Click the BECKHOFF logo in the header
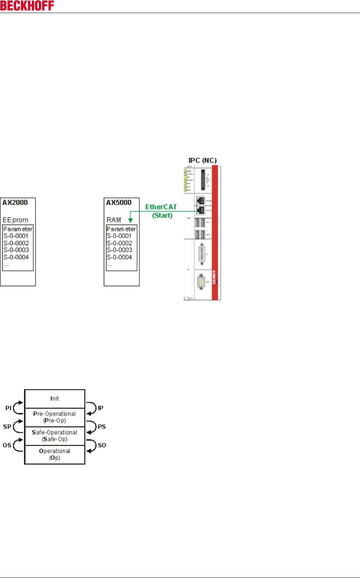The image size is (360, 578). click(x=27, y=6)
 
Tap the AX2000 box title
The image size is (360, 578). click(x=15, y=203)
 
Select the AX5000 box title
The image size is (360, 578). click(x=119, y=203)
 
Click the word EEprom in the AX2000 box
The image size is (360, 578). click(x=16, y=220)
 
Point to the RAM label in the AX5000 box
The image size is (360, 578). click(x=114, y=220)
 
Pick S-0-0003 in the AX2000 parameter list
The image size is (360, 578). click(x=16, y=250)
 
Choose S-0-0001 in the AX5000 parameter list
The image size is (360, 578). click(x=119, y=236)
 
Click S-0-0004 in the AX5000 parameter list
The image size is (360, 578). click(x=119, y=257)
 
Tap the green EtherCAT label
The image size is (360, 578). click(x=161, y=207)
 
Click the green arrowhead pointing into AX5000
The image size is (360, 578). click(x=130, y=220)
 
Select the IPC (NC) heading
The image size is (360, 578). click(x=202, y=160)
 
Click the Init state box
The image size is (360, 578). click(x=55, y=399)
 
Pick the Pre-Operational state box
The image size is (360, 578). click(x=55, y=417)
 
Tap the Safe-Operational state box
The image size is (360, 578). click(x=55, y=436)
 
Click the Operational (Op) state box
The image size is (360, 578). click(x=55, y=454)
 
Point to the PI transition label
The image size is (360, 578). click(x=8, y=408)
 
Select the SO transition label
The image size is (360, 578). click(x=102, y=445)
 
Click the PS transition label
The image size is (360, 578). click(x=102, y=427)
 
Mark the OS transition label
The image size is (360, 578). click(x=7, y=445)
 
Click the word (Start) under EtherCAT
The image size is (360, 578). click(x=162, y=215)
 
